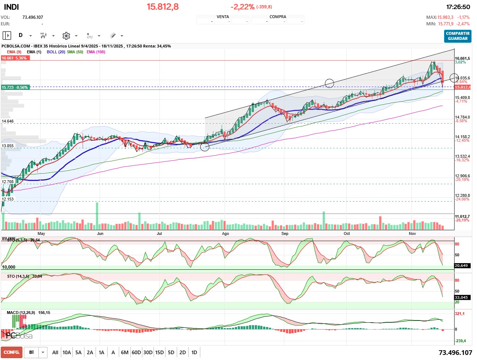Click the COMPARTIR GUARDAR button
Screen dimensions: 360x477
(x=457, y=36)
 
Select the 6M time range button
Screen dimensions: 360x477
(x=125, y=352)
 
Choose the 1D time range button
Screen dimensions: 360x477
(x=194, y=352)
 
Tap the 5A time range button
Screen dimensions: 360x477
(x=78, y=352)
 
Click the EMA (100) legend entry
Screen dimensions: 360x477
(x=96, y=52)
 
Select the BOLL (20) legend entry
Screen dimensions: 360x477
(x=56, y=52)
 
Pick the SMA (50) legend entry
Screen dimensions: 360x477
(x=75, y=52)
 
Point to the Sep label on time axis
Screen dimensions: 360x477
(x=285, y=233)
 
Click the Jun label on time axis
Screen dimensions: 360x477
(x=100, y=233)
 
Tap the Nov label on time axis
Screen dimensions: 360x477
(x=412, y=233)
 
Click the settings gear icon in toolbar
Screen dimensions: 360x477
(x=66, y=36)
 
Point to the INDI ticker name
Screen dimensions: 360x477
(x=11, y=7)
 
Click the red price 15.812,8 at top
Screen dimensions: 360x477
(x=163, y=7)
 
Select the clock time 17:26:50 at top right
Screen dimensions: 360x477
(x=458, y=7)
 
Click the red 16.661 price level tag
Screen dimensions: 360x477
(x=14, y=58)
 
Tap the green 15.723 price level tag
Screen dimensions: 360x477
(x=15, y=87)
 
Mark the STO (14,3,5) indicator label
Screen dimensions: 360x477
(x=18, y=276)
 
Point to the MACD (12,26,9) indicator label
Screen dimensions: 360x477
(x=21, y=313)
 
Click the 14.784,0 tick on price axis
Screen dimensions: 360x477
(x=462, y=117)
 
